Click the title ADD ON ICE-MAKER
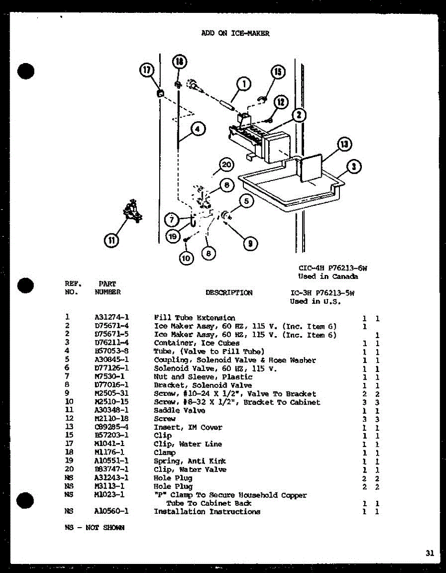tap(235, 33)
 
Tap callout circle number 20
tap(227, 165)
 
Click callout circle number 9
tap(250, 244)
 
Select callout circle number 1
tap(244, 85)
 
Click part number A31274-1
tap(112, 318)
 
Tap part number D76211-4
tap(112, 343)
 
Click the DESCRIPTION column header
tap(229, 293)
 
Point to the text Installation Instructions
tap(207, 512)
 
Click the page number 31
tap(430, 553)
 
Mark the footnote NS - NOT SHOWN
tap(94, 528)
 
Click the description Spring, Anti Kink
tap(190, 461)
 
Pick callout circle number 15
tap(278, 72)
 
